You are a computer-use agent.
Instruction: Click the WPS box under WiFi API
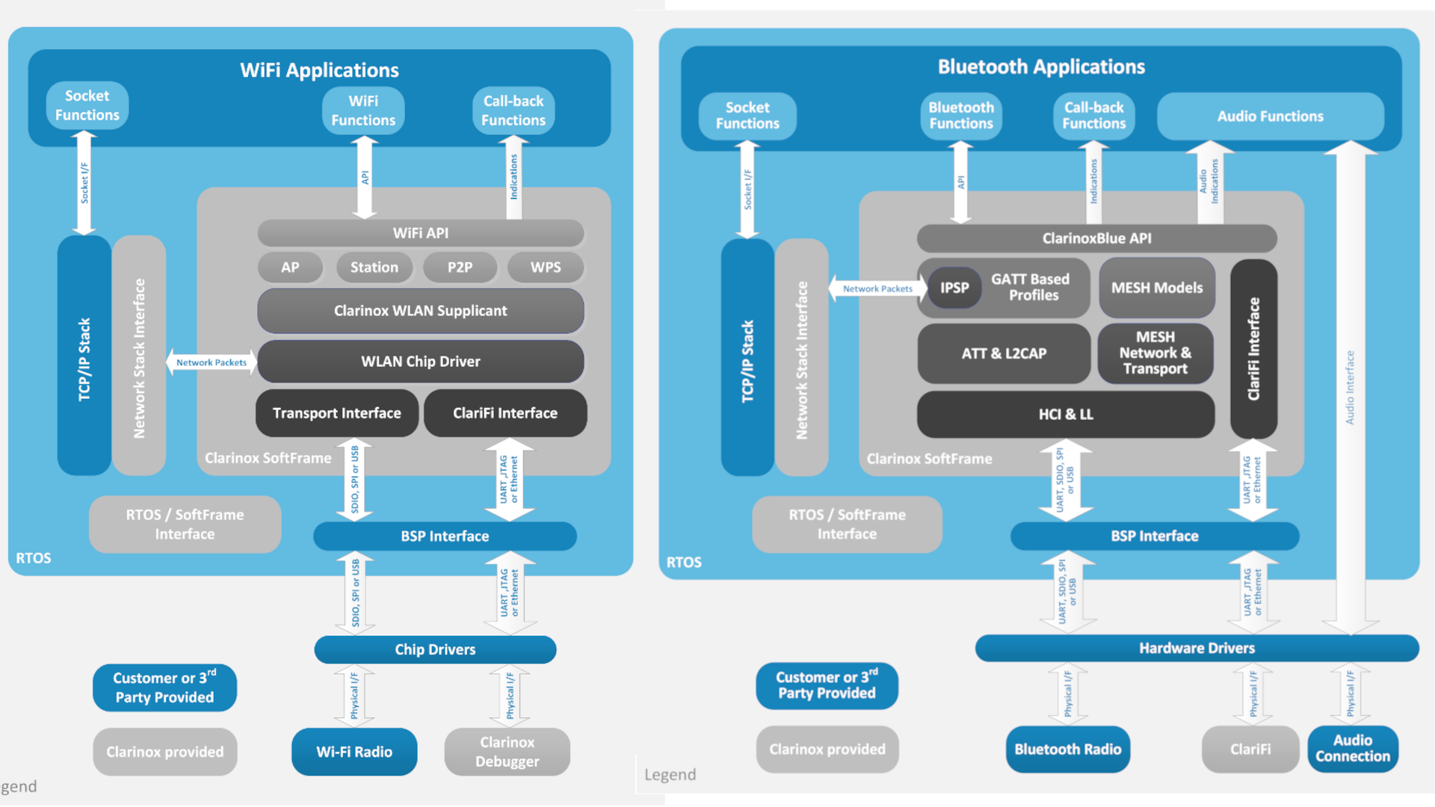[545, 268]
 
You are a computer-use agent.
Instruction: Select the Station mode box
[374, 268]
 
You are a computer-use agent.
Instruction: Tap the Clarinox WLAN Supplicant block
[420, 311]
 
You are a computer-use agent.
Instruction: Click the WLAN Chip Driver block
[420, 362]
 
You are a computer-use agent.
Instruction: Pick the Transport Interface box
[336, 413]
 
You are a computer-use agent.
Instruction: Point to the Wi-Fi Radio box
[354, 752]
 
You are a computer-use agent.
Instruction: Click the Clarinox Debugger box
[507, 752]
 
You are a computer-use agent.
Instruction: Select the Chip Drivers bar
[435, 649]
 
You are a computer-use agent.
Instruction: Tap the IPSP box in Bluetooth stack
[954, 288]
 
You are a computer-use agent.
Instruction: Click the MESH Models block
[1156, 288]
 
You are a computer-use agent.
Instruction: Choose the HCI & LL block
[1065, 414]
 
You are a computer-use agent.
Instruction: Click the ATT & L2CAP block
[1003, 353]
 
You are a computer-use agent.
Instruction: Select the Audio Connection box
[1352, 749]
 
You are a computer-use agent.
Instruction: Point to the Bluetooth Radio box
[1067, 749]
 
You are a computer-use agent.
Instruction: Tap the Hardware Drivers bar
[1196, 648]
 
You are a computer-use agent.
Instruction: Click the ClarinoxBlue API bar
[1096, 238]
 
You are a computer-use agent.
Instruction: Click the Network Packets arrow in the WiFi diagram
[211, 362]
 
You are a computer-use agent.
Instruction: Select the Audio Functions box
[1270, 116]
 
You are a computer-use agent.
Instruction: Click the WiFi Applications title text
[319, 70]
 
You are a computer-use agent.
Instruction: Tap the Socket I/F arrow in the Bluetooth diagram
[747, 189]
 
